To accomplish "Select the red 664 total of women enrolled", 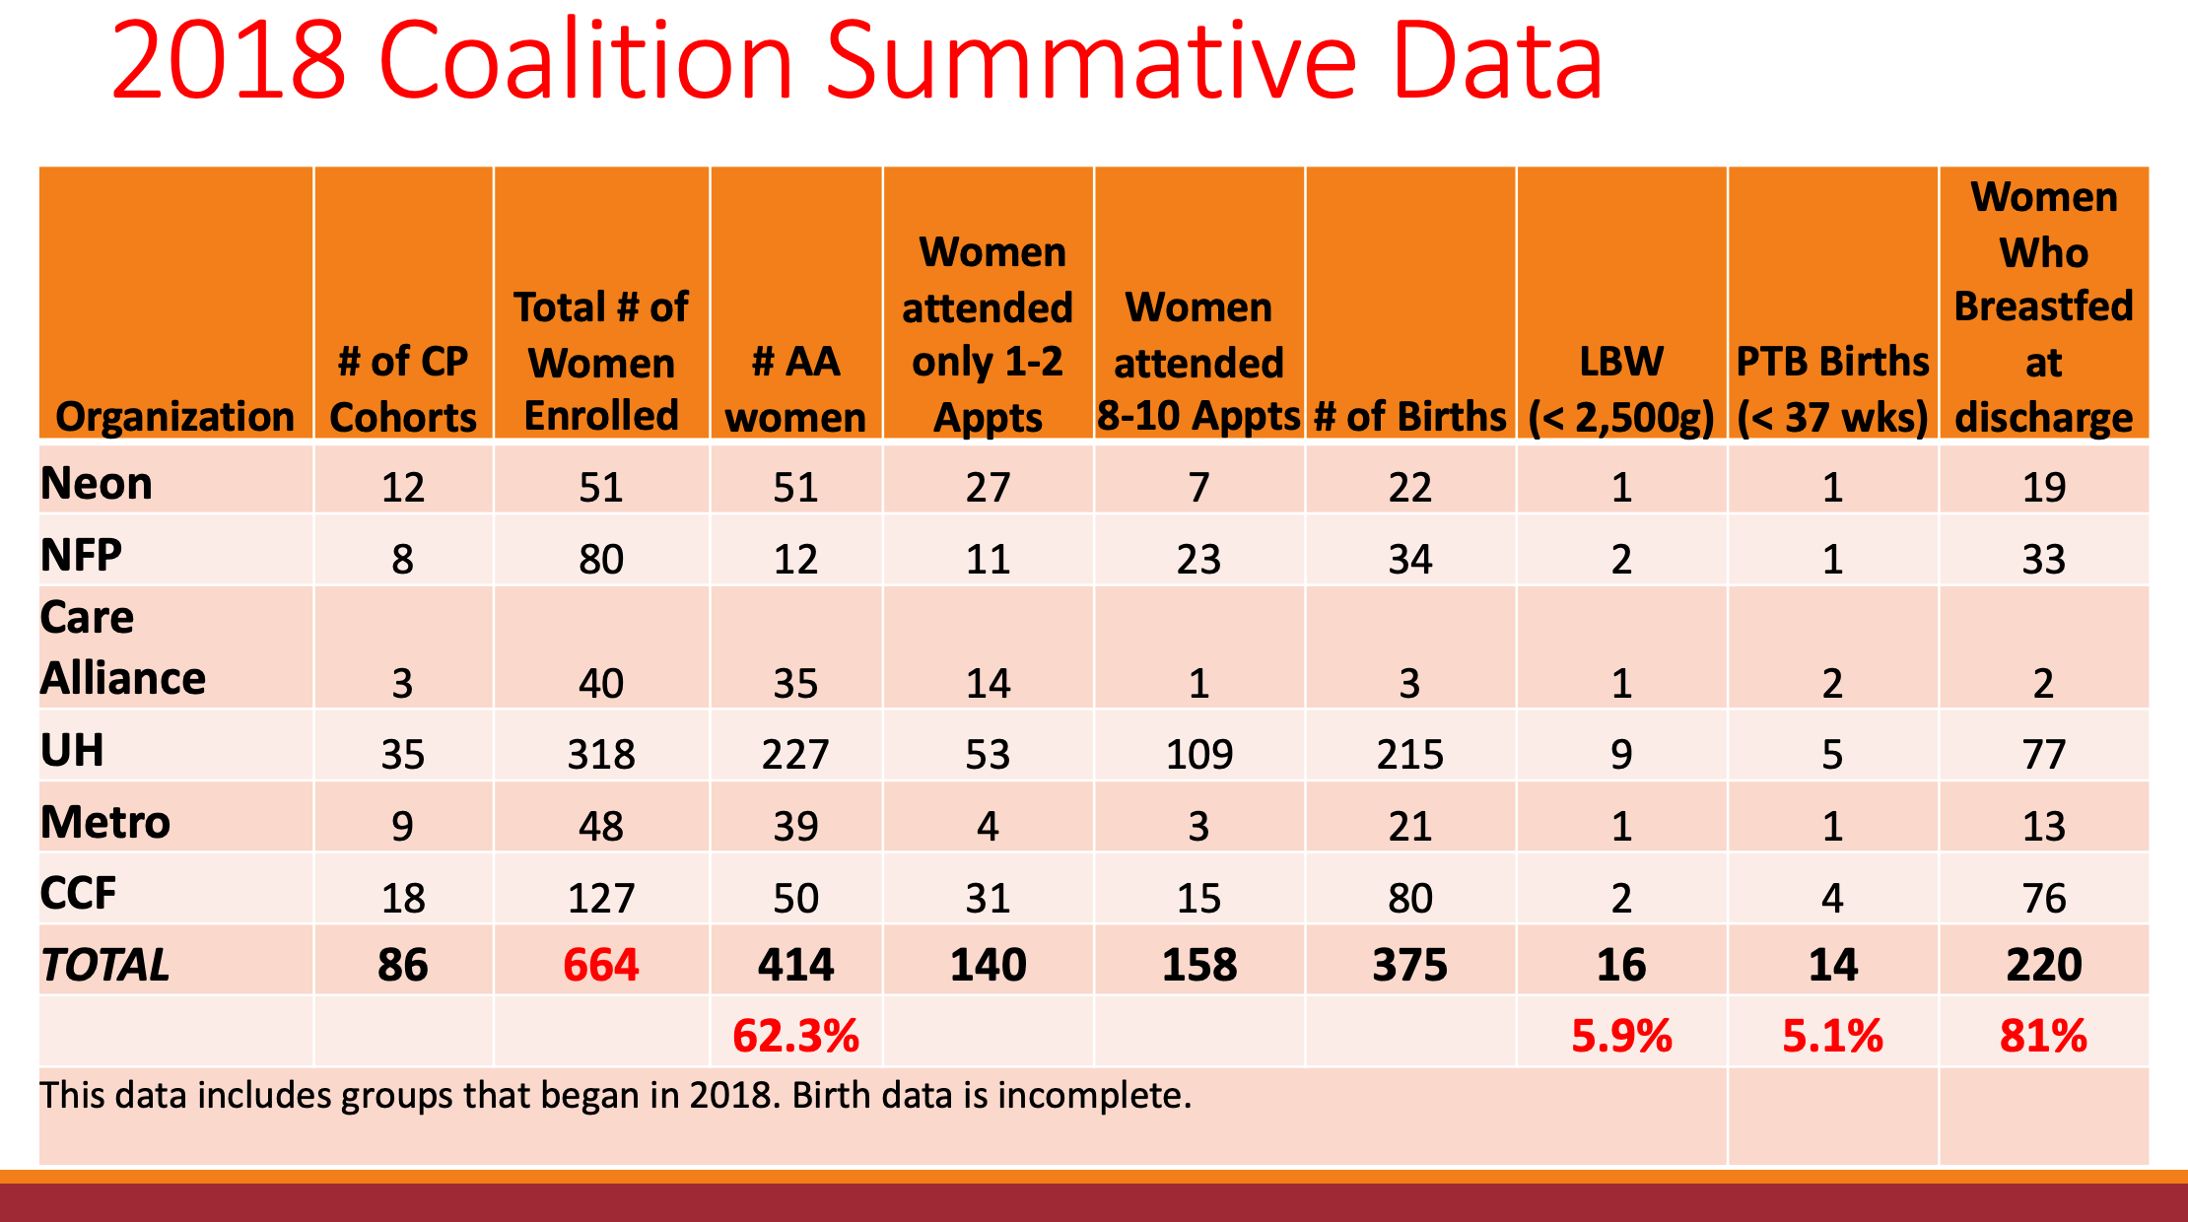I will pyautogui.click(x=601, y=965).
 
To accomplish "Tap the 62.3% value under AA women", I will pyautogui.click(x=795, y=1037).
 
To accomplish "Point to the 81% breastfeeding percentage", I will pyautogui.click(x=2043, y=1037).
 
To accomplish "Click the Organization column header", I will pyautogui.click(x=175, y=417).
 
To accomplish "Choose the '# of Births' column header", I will pyautogui.click(x=1410, y=417).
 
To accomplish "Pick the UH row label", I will pyautogui.click(x=72, y=751).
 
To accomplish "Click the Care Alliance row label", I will pyautogui.click(x=122, y=648).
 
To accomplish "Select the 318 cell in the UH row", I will pyautogui.click(x=601, y=755).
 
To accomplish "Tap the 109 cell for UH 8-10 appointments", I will pyautogui.click(x=1198, y=755).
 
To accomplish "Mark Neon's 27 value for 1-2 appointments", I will pyautogui.click(x=988, y=488).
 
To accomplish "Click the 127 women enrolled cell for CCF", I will pyautogui.click(x=601, y=899).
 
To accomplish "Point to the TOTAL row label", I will pyautogui.click(x=105, y=965).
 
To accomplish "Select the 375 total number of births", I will pyautogui.click(x=1410, y=965).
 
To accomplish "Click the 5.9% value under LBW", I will pyautogui.click(x=1621, y=1037).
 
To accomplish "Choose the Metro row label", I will pyautogui.click(x=105, y=823).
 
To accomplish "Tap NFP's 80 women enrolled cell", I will pyautogui.click(x=601, y=560).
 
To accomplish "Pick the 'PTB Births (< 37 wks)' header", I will pyautogui.click(x=1832, y=389).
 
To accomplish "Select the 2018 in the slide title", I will pyautogui.click(x=229, y=61).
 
